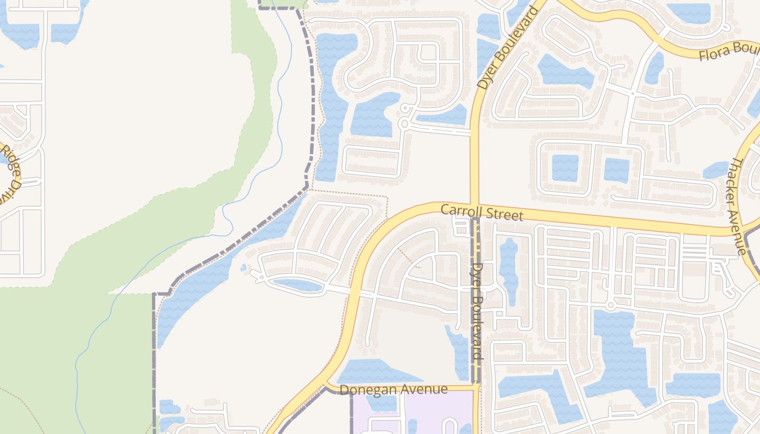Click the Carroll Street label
pyautogui.click(x=482, y=212)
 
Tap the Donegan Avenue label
pyautogui.click(x=394, y=390)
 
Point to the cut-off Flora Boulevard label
pyautogui.click(x=728, y=52)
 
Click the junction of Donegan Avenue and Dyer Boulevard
pyautogui.click(x=476, y=387)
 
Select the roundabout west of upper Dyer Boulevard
pyautogui.click(x=403, y=124)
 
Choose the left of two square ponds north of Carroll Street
pyautogui.click(x=565, y=168)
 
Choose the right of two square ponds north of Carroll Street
pyautogui.click(x=616, y=170)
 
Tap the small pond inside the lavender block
pyautogui.click(x=380, y=403)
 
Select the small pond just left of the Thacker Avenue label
pyautogui.click(x=716, y=170)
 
